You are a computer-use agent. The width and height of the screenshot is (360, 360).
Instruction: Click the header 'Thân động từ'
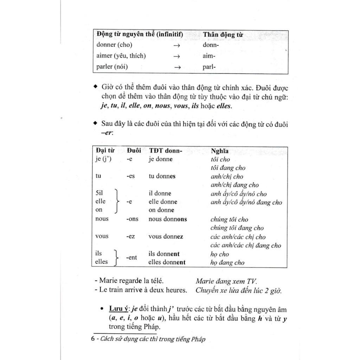[x=223, y=35]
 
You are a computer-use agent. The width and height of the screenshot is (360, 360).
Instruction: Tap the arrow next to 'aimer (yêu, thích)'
[x=177, y=56]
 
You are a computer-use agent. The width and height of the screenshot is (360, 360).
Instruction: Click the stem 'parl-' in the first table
[x=209, y=67]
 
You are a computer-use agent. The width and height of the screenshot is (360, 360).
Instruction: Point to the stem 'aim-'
[x=209, y=56]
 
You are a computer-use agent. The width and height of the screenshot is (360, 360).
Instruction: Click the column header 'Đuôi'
[x=134, y=150]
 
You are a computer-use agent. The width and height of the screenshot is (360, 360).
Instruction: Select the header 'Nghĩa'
[x=219, y=151]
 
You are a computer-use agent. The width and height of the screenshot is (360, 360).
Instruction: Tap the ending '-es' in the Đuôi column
[x=130, y=176]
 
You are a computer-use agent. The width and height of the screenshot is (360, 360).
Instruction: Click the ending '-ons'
[x=132, y=219]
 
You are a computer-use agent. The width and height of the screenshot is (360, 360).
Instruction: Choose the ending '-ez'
[x=130, y=236]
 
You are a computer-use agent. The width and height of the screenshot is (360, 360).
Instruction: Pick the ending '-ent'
[x=131, y=258]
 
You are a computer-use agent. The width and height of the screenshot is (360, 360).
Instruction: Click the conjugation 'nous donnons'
[x=168, y=219]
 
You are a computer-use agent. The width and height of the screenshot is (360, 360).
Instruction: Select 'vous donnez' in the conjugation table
[x=166, y=236]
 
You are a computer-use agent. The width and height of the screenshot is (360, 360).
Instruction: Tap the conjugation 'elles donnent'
[x=167, y=262]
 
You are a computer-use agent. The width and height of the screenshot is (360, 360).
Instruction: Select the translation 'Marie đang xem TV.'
[x=226, y=281]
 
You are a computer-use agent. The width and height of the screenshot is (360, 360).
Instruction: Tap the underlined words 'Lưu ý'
[x=118, y=309]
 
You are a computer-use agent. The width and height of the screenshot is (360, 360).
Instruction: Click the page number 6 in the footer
[x=93, y=339]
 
